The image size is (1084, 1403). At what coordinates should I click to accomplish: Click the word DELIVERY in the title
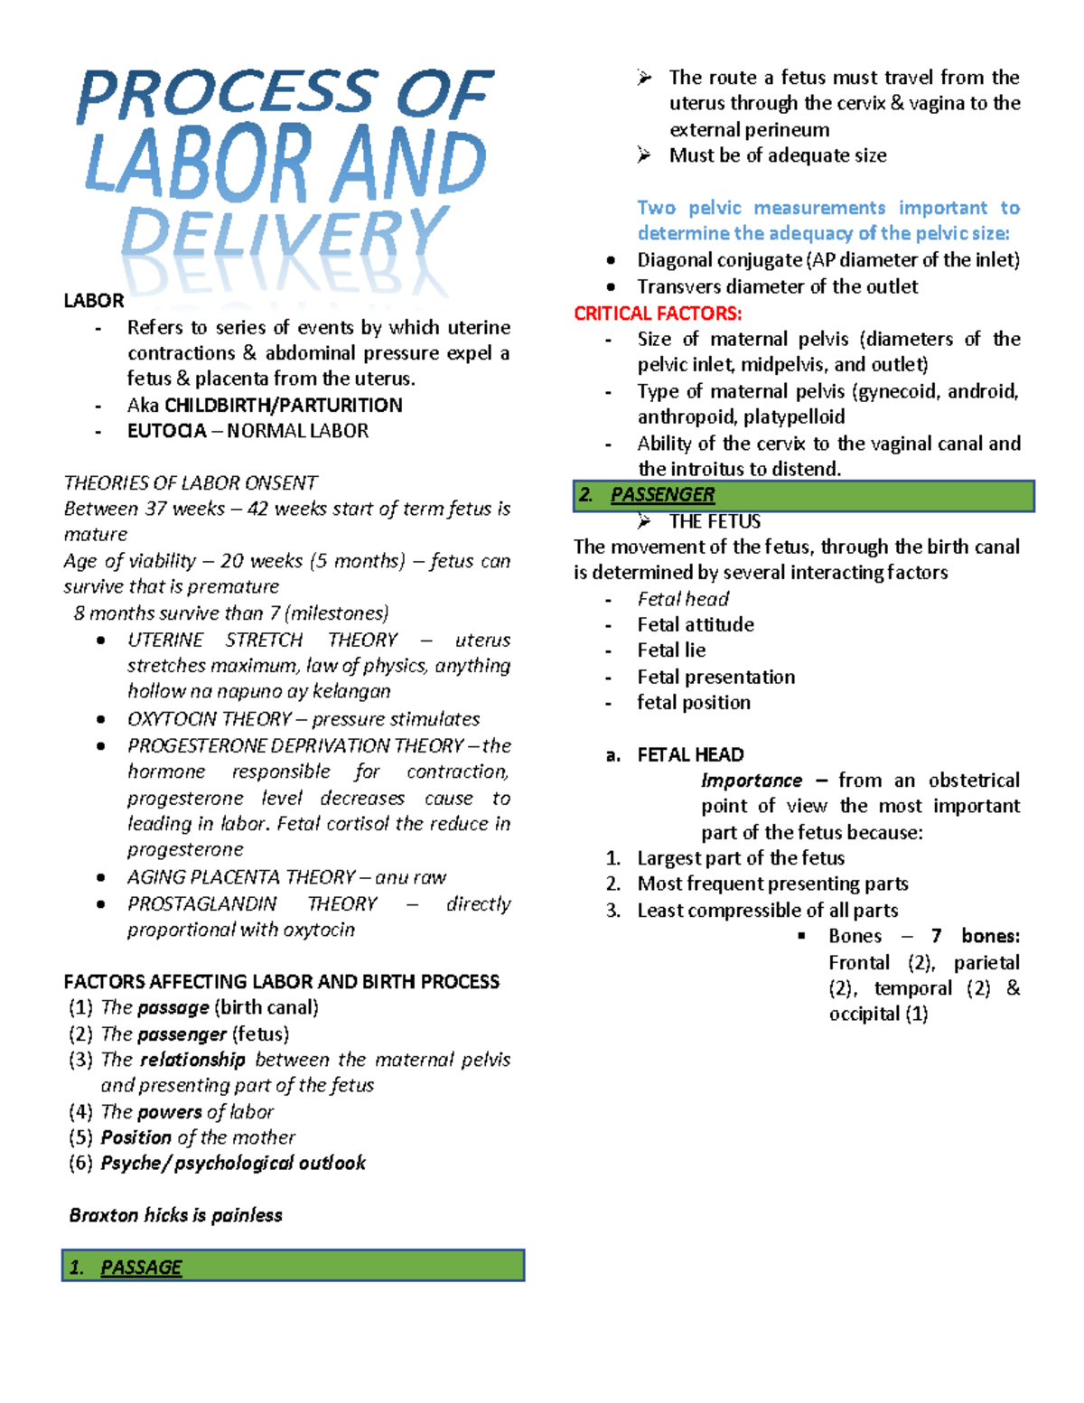(285, 235)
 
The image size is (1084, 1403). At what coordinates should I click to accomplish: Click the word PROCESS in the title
(226, 95)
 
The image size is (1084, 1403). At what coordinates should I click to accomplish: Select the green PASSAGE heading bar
(293, 1266)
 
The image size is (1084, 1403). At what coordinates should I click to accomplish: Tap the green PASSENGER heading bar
(803, 495)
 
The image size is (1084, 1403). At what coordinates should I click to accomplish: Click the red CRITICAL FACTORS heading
(658, 313)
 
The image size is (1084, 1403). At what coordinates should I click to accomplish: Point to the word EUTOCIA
(166, 431)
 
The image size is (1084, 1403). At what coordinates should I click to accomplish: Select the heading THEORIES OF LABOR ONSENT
(190, 482)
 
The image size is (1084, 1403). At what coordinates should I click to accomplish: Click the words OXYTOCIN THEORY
(209, 719)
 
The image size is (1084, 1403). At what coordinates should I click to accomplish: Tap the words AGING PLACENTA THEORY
(240, 877)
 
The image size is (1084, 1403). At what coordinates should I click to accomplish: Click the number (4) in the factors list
(80, 1111)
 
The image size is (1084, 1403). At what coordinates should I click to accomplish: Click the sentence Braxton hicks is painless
(175, 1215)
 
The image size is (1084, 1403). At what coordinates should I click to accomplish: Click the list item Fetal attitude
(695, 624)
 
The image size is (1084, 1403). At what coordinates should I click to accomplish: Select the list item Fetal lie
(670, 650)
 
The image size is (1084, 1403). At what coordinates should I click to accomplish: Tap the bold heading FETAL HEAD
(690, 754)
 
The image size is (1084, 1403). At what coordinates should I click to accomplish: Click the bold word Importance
(751, 781)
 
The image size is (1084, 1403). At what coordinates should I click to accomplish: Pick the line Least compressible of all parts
(767, 910)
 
